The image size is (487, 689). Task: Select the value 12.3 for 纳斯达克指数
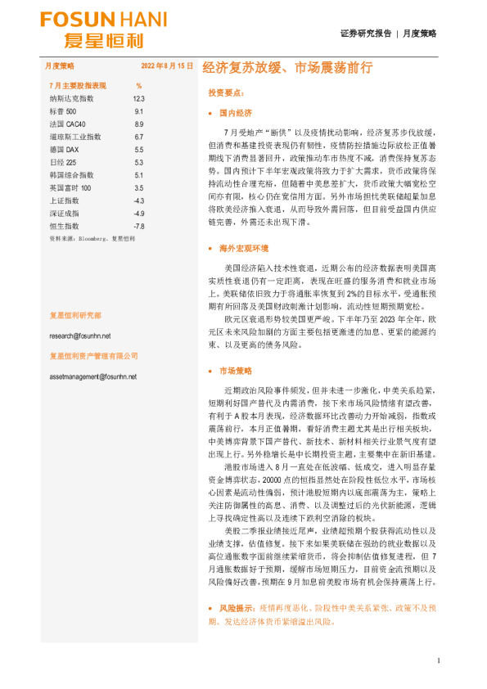tap(138, 98)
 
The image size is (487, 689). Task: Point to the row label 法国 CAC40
tap(67, 124)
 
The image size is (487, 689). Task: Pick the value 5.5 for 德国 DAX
tap(138, 150)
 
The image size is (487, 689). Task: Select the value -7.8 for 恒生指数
tap(138, 226)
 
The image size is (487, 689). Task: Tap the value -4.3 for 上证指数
tap(138, 200)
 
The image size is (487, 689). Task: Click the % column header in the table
tap(138, 85)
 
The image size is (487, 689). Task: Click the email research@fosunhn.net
tap(79, 335)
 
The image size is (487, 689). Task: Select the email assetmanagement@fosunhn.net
tap(93, 376)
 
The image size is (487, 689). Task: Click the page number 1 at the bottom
tap(440, 660)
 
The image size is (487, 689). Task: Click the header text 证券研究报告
tap(365, 34)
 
